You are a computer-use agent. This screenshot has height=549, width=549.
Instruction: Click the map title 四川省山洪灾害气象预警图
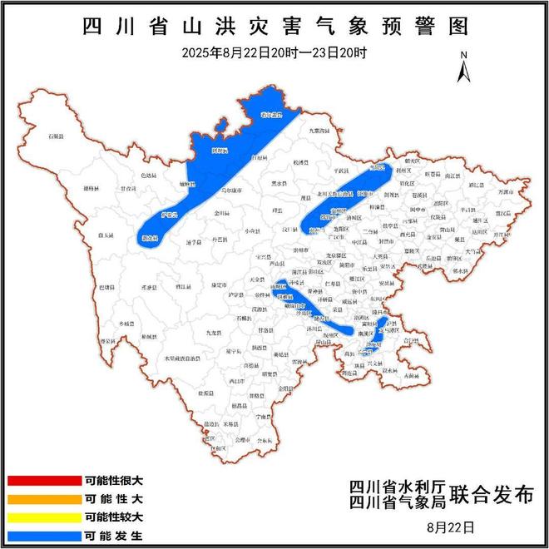click(x=275, y=25)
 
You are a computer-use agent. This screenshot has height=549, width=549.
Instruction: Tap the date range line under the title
click(x=275, y=52)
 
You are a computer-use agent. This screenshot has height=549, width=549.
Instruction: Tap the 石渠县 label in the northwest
click(x=56, y=135)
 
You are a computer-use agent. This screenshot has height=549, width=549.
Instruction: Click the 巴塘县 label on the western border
click(x=108, y=286)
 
